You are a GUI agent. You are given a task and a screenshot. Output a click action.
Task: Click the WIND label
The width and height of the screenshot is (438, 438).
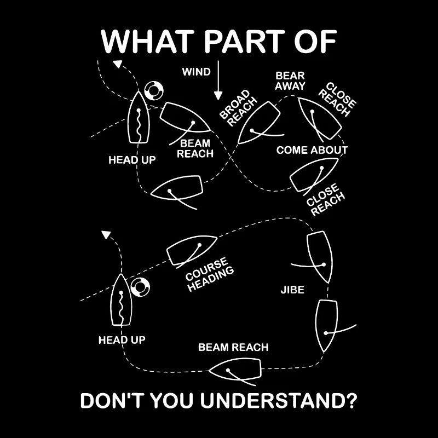(197, 72)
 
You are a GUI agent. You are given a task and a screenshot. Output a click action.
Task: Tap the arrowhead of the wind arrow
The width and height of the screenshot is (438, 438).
(218, 96)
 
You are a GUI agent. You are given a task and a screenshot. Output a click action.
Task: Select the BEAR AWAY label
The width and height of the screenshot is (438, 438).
(290, 80)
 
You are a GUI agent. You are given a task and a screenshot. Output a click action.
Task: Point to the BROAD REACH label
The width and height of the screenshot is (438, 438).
(238, 108)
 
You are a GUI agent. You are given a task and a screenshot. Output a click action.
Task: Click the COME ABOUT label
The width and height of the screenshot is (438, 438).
(312, 150)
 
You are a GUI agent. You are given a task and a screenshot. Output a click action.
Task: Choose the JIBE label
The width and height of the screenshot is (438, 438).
(292, 290)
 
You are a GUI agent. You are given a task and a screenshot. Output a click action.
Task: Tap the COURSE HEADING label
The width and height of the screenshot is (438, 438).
(210, 274)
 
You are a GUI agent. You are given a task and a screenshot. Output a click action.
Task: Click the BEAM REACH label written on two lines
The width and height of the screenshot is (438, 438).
(195, 148)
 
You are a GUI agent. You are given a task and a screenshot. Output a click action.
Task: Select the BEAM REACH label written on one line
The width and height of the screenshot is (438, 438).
(233, 347)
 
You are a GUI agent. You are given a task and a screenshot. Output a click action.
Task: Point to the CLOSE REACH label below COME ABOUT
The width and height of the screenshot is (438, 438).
(325, 199)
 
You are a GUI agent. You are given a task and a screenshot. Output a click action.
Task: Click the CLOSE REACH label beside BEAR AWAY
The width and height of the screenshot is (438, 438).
(337, 99)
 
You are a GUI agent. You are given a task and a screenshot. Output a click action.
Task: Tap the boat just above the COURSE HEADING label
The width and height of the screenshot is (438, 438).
(192, 250)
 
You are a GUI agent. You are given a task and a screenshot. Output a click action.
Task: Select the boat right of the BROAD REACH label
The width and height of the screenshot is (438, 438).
(259, 123)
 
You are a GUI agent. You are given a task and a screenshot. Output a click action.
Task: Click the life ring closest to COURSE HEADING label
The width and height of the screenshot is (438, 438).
(140, 287)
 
